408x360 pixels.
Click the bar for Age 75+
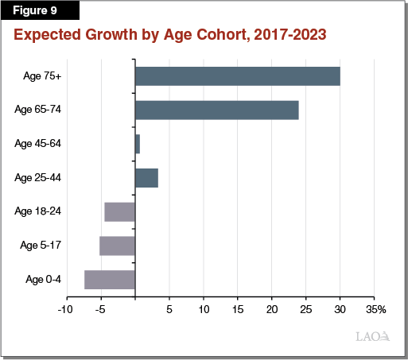coord(238,76)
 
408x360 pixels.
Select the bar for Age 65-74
coord(216,110)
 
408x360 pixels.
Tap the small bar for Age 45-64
coord(138,144)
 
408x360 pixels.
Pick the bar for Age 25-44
coord(146,177)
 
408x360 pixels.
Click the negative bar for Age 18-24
coord(119,211)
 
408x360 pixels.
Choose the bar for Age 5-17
coord(117,246)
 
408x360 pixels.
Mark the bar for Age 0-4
coord(110,279)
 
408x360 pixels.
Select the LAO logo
coord(372,337)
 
